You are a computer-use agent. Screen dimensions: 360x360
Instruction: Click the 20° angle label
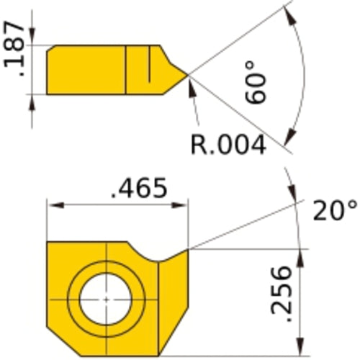335,211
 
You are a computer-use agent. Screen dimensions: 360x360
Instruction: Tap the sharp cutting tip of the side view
189,73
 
